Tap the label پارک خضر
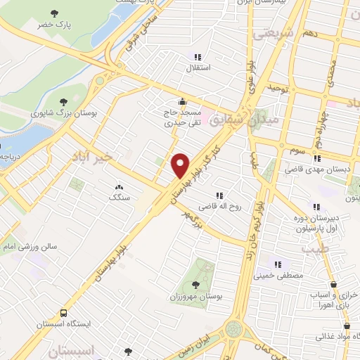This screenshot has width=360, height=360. (56, 25)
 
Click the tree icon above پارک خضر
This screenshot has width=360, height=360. (56, 13)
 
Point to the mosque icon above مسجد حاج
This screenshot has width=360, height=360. (182, 101)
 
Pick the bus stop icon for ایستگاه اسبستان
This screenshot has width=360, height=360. (64, 312)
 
